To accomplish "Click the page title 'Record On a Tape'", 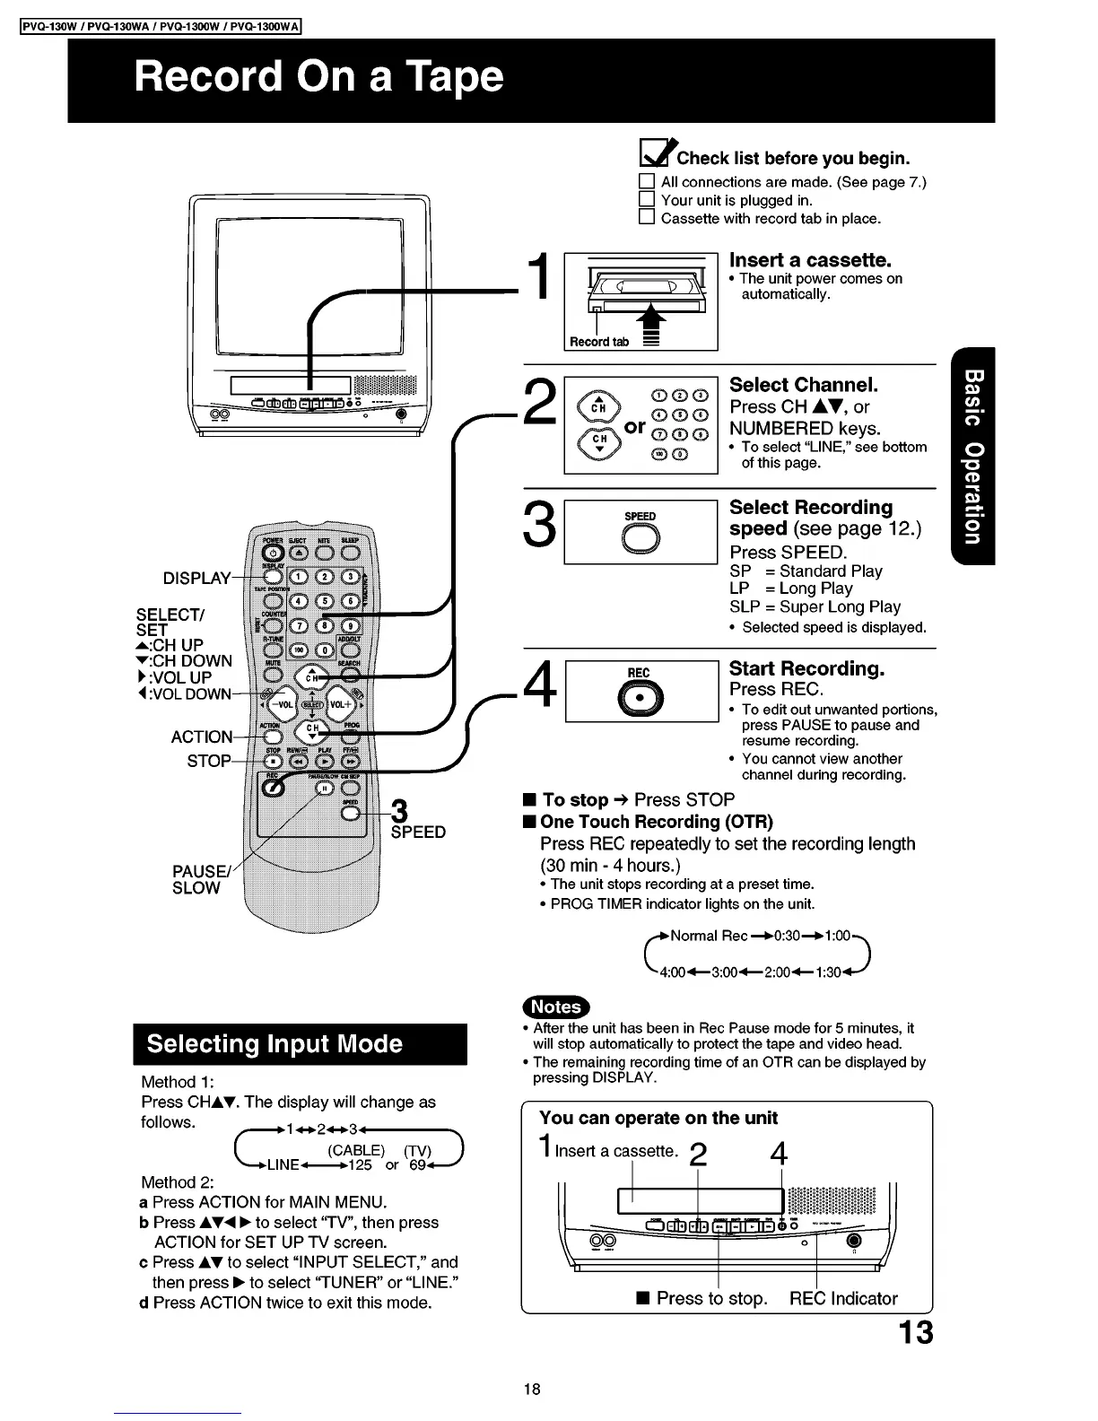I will coord(318,77).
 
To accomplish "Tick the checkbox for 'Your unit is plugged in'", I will coord(647,200).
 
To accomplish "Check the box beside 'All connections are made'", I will coord(647,181).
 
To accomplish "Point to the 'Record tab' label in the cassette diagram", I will coord(598,342).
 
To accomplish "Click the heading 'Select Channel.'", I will coord(804,385).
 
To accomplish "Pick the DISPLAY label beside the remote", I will coord(196,578).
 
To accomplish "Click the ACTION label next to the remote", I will coord(202,737).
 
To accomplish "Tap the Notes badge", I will coord(556,1007).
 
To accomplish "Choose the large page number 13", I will coord(915,1332).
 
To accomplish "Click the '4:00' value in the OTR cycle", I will coord(673,972).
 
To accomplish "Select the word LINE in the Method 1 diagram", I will coord(283,1164).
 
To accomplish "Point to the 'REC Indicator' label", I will coord(843,1298).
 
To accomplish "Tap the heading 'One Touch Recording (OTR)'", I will coord(656,822).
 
